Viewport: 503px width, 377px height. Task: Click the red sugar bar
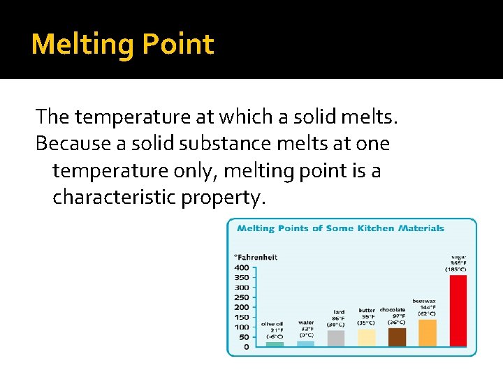coord(458,311)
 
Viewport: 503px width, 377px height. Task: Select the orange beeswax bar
coord(428,332)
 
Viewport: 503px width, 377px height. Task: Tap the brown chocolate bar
coord(397,337)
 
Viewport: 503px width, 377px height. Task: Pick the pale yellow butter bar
coord(367,337)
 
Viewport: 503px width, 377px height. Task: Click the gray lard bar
coord(336,338)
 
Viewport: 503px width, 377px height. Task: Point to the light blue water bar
coord(306,343)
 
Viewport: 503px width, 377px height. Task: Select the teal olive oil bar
coord(275,344)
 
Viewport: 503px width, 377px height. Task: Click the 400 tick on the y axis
coord(241,267)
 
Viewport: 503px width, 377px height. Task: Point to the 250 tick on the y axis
coord(241,297)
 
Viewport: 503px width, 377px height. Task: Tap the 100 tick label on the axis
coord(241,327)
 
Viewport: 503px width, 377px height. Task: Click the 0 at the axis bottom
coord(246,347)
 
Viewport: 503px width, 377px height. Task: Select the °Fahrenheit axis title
coord(256,257)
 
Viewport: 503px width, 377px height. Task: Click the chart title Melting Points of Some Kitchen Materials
coord(340,228)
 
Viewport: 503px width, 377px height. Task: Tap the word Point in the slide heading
coord(178,44)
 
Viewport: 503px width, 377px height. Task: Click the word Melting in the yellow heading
coord(82,44)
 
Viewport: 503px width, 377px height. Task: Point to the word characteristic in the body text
coord(114,198)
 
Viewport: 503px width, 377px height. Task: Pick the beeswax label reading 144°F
coord(427,308)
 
